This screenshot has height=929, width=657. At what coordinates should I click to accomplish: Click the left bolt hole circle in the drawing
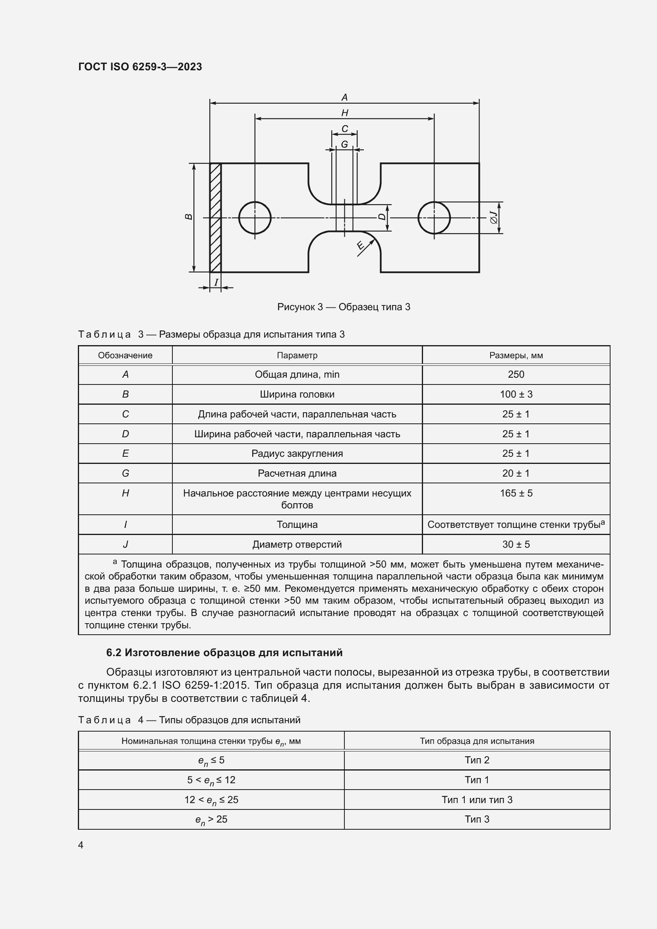[x=255, y=218]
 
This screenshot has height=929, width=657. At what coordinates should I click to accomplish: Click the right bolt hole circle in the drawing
[x=434, y=218]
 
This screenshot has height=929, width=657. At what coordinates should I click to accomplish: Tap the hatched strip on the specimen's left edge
[x=216, y=218]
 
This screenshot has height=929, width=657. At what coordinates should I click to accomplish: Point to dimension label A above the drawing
[x=344, y=97]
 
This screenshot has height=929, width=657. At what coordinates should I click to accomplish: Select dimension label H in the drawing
[x=345, y=113]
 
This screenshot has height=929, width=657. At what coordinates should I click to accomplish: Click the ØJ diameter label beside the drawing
[x=494, y=218]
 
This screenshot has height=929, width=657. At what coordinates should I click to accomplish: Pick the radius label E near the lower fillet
[x=359, y=245]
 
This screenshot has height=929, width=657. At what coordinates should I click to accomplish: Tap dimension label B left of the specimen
[x=189, y=217]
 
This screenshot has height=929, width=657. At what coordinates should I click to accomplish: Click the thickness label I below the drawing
[x=216, y=282]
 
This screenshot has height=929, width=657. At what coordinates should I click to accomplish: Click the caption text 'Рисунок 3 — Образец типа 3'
[x=344, y=307]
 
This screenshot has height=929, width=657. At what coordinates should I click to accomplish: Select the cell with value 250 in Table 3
[x=516, y=374]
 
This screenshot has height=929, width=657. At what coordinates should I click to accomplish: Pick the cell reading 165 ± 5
[x=516, y=493]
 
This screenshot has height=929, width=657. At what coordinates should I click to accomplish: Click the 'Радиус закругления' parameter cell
[x=297, y=454]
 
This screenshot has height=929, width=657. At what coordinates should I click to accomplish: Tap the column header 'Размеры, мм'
[x=516, y=355]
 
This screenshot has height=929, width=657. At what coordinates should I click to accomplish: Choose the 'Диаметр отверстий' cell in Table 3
[x=297, y=545]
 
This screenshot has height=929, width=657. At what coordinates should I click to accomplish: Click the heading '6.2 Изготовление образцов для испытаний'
[x=224, y=652]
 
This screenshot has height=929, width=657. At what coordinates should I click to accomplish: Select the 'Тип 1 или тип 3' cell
[x=477, y=800]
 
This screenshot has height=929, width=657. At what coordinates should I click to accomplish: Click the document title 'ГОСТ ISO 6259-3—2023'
[x=140, y=67]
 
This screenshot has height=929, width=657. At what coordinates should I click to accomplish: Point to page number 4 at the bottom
[x=81, y=845]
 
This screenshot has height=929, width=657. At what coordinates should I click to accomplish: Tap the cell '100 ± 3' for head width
[x=516, y=394]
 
